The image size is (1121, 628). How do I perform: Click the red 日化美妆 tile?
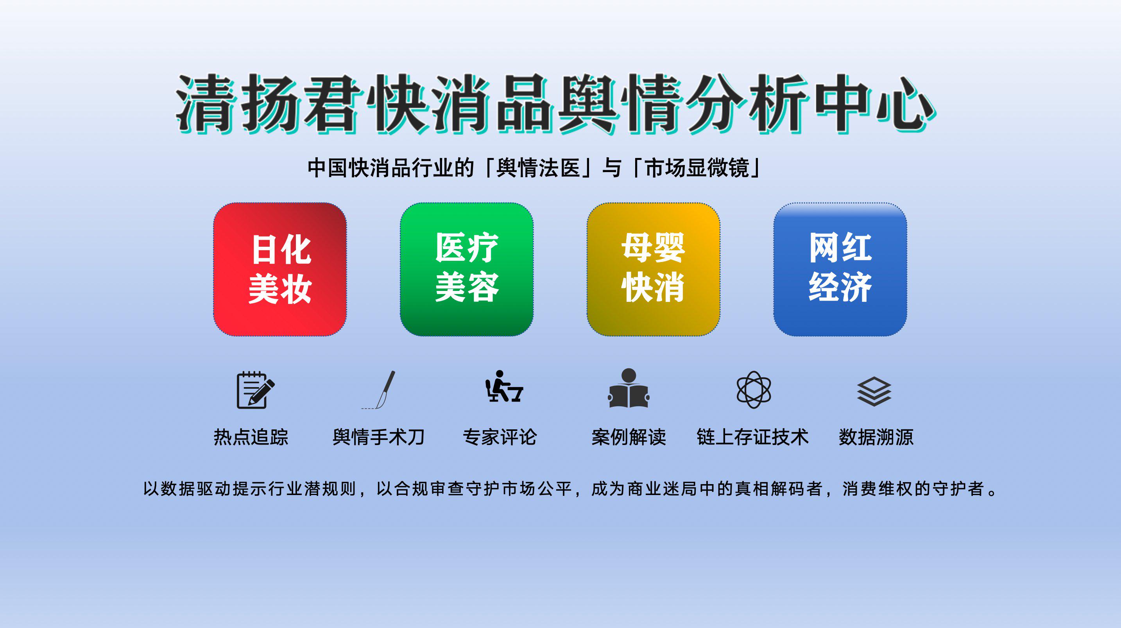coord(280,269)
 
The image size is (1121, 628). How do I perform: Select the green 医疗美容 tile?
coord(467,269)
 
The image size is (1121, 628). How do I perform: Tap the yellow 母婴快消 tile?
coord(653,269)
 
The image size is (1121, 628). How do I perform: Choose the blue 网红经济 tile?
coord(840,269)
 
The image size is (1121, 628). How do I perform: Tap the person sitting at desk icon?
coord(504,386)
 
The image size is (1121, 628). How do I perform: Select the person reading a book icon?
coord(629,388)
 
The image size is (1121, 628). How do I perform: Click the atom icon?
coord(754,390)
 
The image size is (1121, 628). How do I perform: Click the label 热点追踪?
coord(251,437)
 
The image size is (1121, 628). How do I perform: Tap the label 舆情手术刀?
coord(379,437)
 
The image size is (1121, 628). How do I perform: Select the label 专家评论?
coord(500,437)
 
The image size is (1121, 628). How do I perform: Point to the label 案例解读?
coord(629,437)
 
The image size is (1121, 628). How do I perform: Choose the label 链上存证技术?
coord(753,437)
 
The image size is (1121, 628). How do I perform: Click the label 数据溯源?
coord(876,437)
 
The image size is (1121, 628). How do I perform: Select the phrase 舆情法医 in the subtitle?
coord(538,168)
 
